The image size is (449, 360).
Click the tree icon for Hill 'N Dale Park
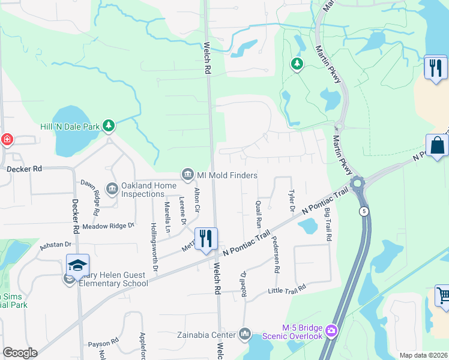(109, 125)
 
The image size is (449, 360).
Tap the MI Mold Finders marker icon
(187, 175)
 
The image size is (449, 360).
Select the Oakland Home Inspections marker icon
(112, 190)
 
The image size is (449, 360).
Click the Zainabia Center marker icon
(244, 333)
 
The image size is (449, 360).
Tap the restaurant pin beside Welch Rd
(206, 238)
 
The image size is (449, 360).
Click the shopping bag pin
(438, 145)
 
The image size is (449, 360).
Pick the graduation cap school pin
(78, 265)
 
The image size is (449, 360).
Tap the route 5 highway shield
(364, 211)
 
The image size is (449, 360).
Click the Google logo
(20, 353)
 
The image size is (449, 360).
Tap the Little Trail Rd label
(287, 289)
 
